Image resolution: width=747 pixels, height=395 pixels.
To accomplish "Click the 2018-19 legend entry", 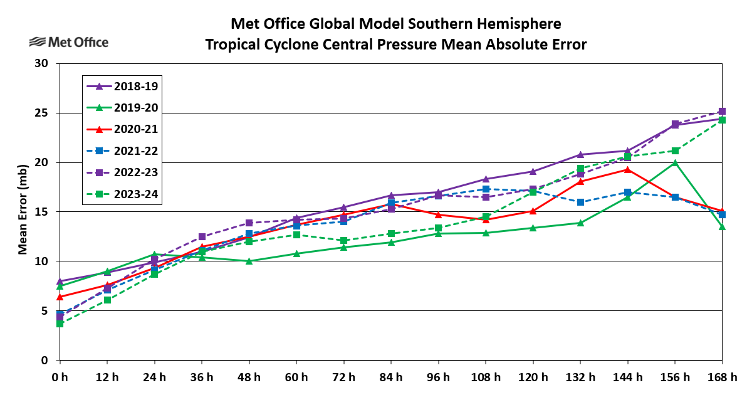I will click(123, 87).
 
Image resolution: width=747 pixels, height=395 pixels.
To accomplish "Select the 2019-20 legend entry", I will click(123, 108).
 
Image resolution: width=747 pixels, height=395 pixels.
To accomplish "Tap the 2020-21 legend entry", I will click(123, 130).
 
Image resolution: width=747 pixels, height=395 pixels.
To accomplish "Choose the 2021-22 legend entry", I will click(123, 151).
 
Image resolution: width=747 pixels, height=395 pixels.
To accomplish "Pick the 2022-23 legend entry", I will click(123, 172).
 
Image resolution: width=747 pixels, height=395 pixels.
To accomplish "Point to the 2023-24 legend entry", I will click(123, 194).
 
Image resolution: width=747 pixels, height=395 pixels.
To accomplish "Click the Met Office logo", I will click(69, 42).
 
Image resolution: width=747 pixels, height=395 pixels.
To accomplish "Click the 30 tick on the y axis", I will click(41, 63).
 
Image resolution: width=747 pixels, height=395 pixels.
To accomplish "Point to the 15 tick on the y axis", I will click(41, 212).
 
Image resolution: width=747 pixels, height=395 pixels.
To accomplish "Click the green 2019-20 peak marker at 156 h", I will click(675, 163).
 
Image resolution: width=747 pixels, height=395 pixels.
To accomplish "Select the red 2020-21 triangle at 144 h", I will click(627, 169).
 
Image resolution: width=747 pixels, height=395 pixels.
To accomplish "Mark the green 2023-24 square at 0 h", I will click(60, 324).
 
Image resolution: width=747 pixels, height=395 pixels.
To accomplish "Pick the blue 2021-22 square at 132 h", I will click(580, 202).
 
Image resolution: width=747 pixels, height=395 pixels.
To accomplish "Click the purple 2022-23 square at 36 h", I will click(202, 236).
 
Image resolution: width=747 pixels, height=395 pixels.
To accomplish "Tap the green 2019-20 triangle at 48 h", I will click(249, 261).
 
